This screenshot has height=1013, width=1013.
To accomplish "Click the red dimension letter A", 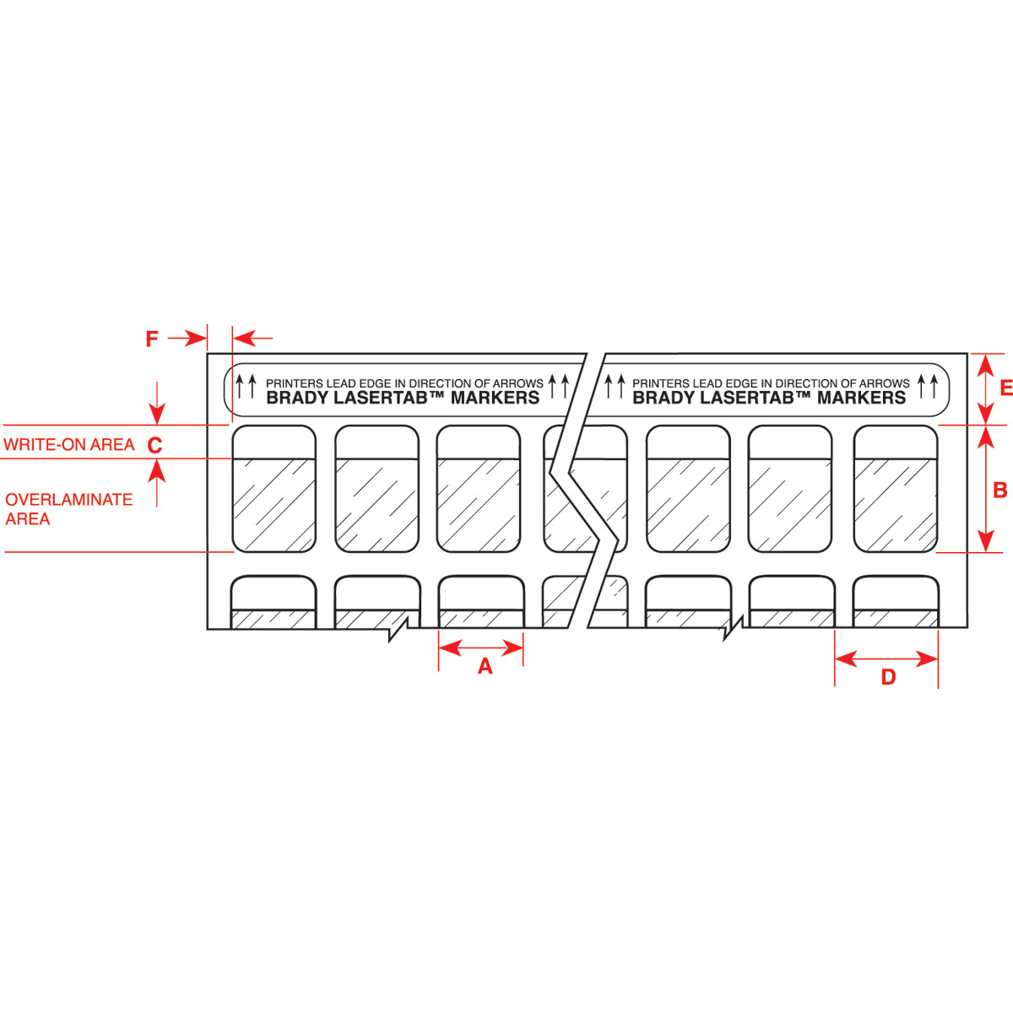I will tap(485, 667).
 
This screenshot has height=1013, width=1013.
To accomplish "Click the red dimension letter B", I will tap(1000, 490).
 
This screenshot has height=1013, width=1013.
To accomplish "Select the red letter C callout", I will tap(154, 445).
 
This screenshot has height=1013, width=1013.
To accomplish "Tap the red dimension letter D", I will tap(888, 677).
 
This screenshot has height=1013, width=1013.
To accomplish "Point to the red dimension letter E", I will tap(1005, 387).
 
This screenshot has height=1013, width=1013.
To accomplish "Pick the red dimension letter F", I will tap(152, 339).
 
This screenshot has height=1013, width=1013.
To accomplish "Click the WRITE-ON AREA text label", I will tap(69, 445).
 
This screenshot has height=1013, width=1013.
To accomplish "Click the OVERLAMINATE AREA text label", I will tap(68, 509).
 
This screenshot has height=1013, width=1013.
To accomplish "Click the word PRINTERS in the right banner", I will tap(661, 383).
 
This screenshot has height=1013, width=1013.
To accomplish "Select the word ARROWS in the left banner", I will tap(517, 383).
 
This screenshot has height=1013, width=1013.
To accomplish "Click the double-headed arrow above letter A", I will tap(481, 647).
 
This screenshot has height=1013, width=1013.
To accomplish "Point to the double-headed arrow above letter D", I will tap(886, 658).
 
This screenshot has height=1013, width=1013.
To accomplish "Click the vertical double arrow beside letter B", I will tap(983, 489).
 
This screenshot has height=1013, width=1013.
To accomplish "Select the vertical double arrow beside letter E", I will tap(984, 388).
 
